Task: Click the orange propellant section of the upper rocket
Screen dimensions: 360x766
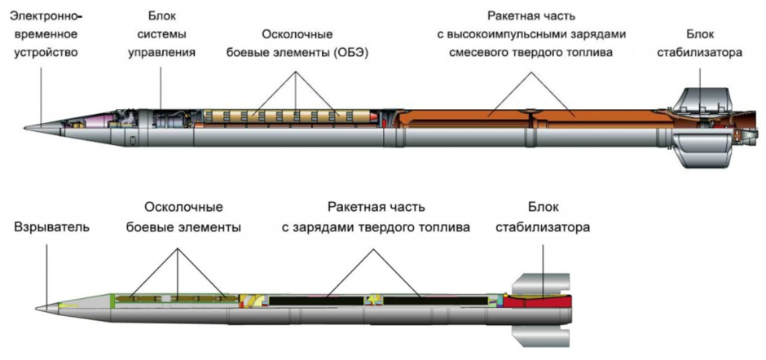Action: (x=530, y=122)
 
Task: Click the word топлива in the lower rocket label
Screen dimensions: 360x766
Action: (x=447, y=227)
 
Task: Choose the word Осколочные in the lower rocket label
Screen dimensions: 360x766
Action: (x=183, y=208)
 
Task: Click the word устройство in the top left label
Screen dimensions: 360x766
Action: (x=45, y=52)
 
